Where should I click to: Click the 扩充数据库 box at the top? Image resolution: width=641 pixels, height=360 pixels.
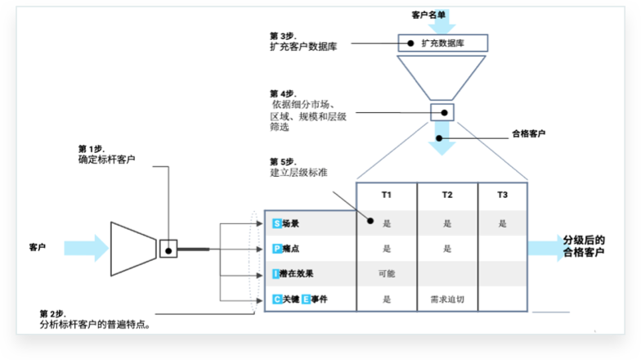[x=442, y=43]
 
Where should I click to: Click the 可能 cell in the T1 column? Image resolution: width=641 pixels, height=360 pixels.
[x=387, y=274]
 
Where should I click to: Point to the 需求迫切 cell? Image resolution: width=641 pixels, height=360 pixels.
[x=447, y=299]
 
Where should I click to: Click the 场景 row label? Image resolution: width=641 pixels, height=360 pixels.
[x=290, y=223]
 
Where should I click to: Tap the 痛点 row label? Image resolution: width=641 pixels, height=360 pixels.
[x=290, y=249]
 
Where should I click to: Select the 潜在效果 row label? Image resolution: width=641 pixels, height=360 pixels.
[x=296, y=274]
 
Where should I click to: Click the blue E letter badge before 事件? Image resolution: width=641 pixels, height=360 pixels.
[x=306, y=299]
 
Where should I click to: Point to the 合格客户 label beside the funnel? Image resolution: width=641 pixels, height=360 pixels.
[x=529, y=133]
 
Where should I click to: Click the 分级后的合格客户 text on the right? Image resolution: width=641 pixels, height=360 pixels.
[x=584, y=246]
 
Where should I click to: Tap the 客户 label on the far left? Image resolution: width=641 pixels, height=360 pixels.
[x=38, y=247]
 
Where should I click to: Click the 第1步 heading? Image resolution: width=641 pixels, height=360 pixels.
[x=90, y=148]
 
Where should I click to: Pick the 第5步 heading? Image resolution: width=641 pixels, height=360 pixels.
[x=283, y=161]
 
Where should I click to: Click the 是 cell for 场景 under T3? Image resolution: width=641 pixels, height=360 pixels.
[x=502, y=223]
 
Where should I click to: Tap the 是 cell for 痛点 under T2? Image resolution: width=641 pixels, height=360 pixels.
[x=447, y=249]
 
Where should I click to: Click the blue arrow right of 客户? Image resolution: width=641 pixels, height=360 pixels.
[x=86, y=247]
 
